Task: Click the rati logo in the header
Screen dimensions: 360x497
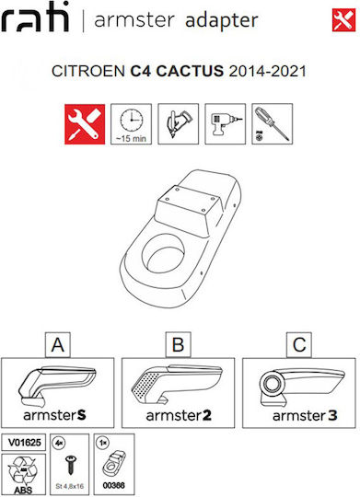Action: click(x=35, y=17)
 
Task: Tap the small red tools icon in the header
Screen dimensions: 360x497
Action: click(x=343, y=20)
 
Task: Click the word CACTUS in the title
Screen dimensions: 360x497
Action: click(x=190, y=71)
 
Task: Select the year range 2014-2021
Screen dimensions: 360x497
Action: click(x=267, y=71)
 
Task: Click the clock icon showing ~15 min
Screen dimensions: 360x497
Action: click(x=131, y=124)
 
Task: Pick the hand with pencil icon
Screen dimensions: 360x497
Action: click(x=179, y=124)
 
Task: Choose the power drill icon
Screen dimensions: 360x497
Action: click(x=226, y=124)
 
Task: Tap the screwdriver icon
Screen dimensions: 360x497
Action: click(x=273, y=124)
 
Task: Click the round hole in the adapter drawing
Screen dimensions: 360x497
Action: click(x=163, y=254)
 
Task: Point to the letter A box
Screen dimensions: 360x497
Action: click(x=58, y=345)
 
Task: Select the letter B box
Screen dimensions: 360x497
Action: click(x=179, y=345)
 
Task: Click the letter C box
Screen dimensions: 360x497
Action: click(x=299, y=345)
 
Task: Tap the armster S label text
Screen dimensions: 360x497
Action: click(x=54, y=415)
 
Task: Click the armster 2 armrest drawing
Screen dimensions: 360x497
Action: click(x=177, y=385)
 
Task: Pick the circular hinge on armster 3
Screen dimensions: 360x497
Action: click(x=272, y=384)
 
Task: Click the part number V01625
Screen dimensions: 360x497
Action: click(x=25, y=442)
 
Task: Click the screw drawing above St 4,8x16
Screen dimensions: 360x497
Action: click(x=69, y=465)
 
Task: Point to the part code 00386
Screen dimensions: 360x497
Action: click(x=113, y=485)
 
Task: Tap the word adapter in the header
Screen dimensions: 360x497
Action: click(x=221, y=20)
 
